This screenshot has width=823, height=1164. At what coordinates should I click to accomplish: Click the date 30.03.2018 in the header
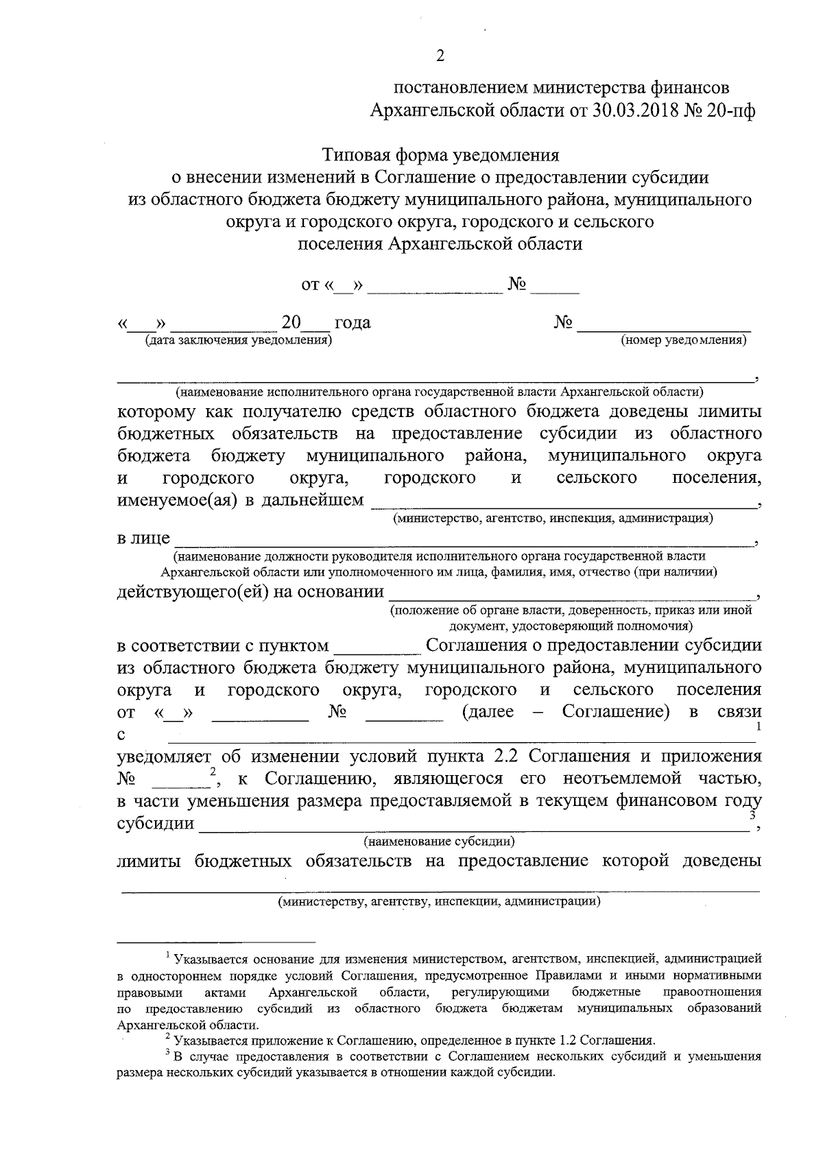[634, 110]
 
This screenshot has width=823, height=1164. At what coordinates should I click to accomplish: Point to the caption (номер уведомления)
[684, 340]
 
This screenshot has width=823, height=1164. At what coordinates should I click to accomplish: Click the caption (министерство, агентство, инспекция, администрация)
[553, 519]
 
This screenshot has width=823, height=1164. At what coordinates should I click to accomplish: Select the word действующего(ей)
[193, 592]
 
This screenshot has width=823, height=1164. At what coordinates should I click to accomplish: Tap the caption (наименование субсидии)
[440, 841]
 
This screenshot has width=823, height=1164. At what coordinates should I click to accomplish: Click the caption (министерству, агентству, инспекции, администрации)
[439, 901]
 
